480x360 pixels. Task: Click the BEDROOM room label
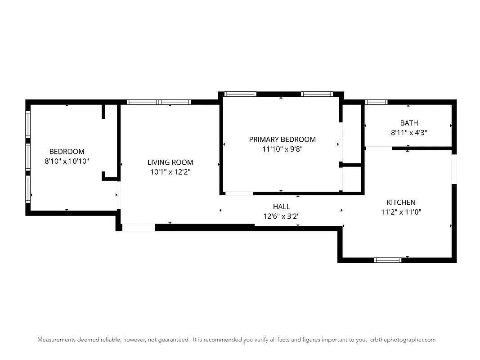click(67, 152)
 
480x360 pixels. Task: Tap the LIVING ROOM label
click(170, 162)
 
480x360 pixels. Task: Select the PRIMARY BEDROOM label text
click(282, 139)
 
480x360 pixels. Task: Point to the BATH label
click(408, 123)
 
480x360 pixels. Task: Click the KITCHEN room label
click(401, 202)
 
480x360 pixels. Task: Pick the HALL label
click(281, 207)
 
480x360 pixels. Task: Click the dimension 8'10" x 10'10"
click(67, 161)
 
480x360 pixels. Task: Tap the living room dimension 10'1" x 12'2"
click(170, 172)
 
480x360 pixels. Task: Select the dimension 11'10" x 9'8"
click(282, 149)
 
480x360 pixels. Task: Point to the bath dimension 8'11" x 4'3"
click(408, 133)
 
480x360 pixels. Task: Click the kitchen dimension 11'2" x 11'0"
click(401, 212)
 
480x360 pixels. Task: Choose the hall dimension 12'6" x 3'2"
click(281, 216)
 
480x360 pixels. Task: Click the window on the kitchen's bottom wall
click(388, 260)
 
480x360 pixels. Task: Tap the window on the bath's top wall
click(376, 102)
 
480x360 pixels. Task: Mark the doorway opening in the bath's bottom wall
click(378, 148)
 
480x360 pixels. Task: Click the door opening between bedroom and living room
click(119, 195)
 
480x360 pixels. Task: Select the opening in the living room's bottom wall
click(138, 228)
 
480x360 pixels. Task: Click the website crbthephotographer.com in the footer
click(403, 340)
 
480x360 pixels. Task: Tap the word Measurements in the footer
click(57, 340)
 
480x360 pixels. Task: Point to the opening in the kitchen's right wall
click(454, 169)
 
